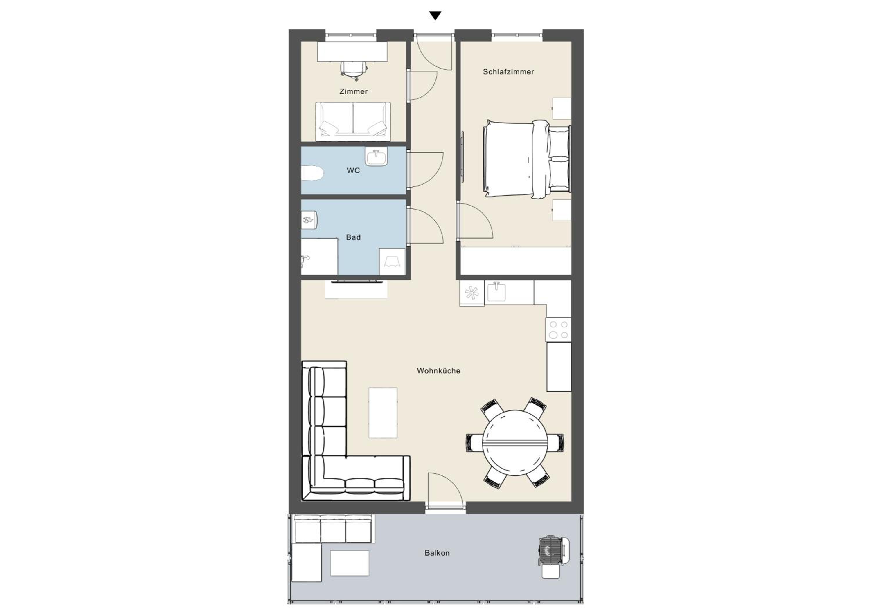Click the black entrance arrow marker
pos(435,16)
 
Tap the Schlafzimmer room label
pos(508,72)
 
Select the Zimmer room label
pos(354,91)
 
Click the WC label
pos(353,171)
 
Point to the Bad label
pos(353,237)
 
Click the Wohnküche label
pos(438,371)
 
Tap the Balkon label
pos(437,553)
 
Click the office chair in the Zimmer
pos(354,71)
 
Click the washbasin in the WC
pos(376,157)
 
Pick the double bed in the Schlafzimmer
pos(527,159)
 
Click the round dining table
pos(515,443)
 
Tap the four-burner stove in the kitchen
pos(558,329)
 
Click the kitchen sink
pos(496,292)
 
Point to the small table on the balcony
pos(349,563)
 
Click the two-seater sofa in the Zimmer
pos(353,120)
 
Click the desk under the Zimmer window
pos(352,51)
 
